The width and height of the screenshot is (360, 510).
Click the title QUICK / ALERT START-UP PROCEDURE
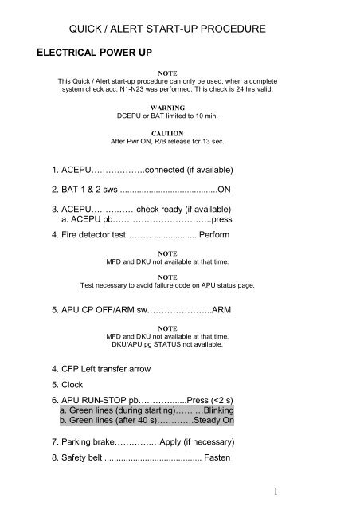tap(178, 29)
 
